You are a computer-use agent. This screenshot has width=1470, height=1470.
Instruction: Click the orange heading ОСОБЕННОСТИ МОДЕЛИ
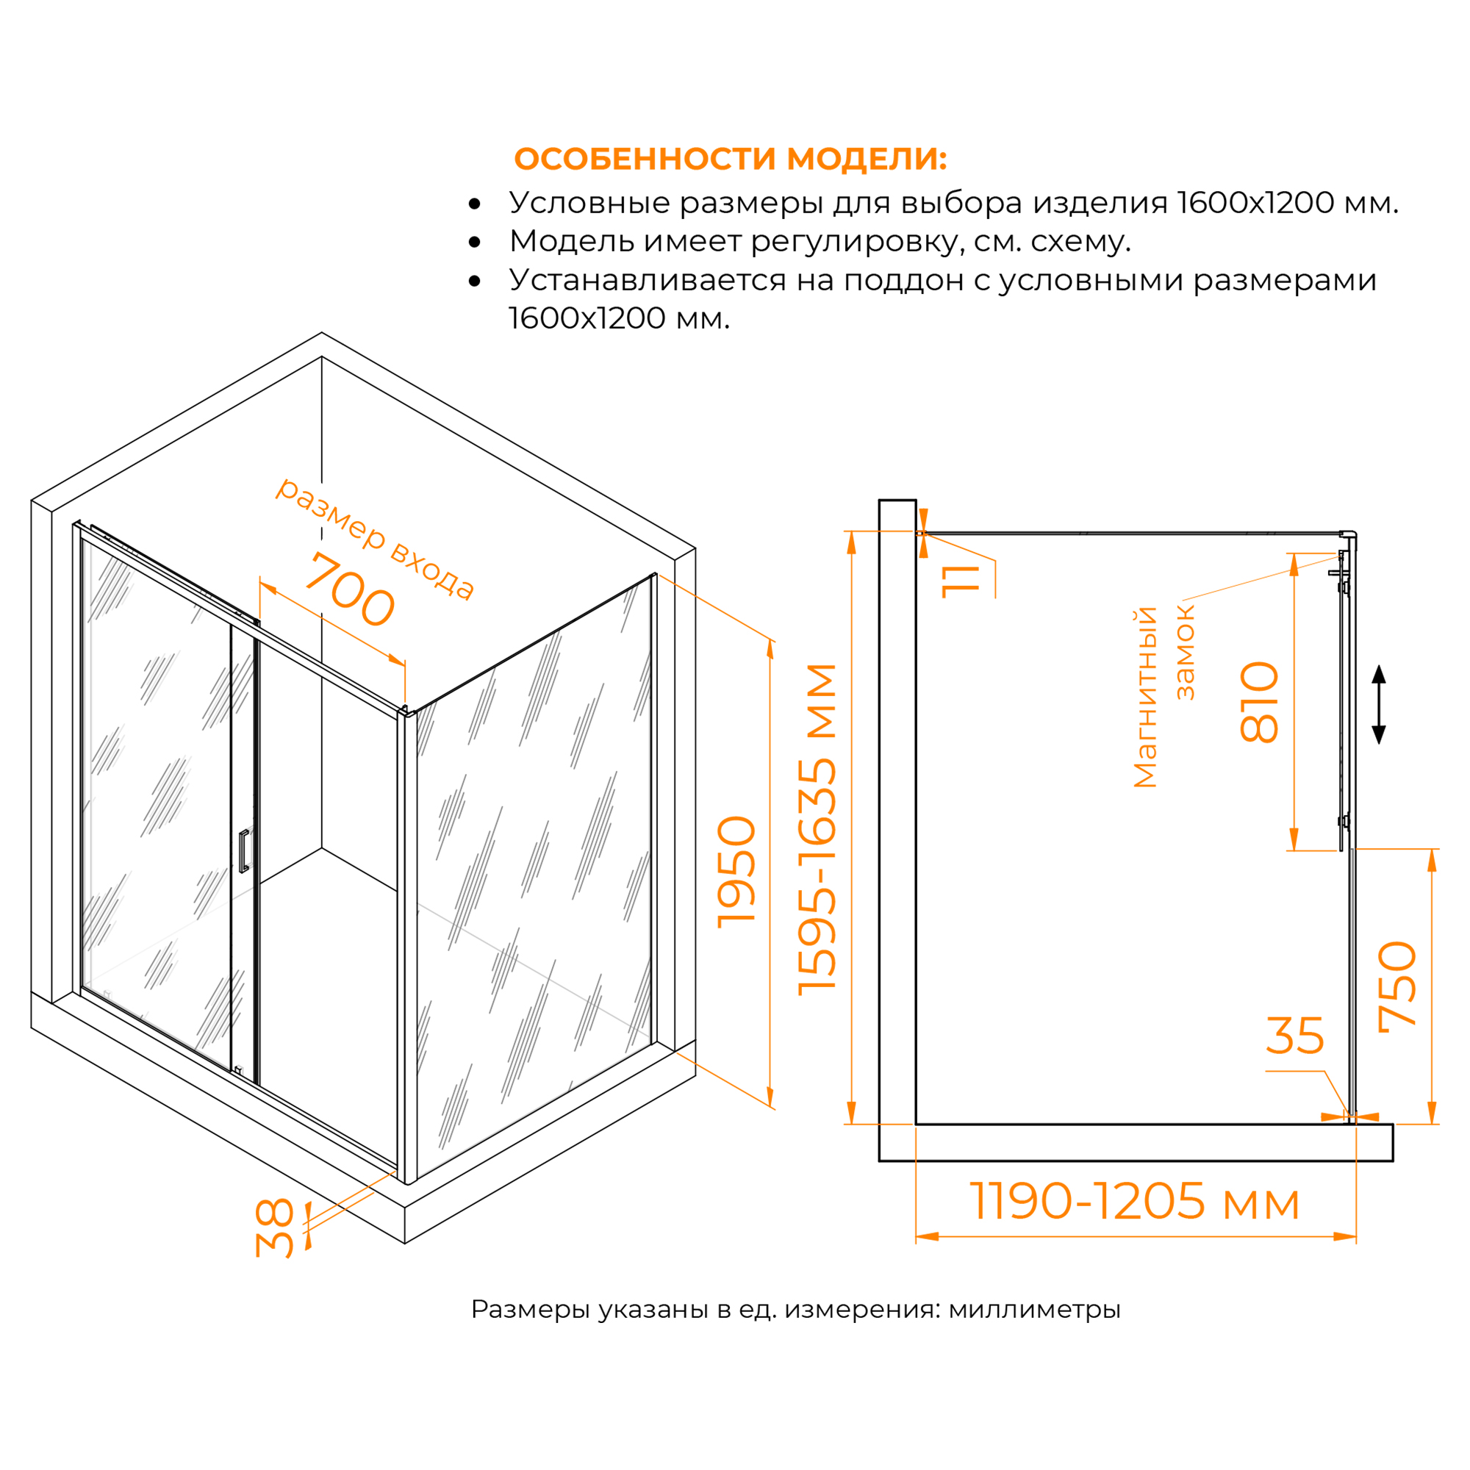(731, 158)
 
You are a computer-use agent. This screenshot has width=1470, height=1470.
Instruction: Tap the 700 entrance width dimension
(350, 589)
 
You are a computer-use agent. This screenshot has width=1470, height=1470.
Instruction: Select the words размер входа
(374, 537)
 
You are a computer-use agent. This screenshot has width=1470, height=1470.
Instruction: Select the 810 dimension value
(1259, 702)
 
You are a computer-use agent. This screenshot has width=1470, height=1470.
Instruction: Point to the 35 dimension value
(1295, 1036)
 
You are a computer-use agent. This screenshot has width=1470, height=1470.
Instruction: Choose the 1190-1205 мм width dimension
(1134, 1202)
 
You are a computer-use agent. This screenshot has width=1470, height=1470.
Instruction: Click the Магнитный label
(1145, 697)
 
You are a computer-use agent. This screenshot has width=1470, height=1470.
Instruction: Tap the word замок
(1186, 652)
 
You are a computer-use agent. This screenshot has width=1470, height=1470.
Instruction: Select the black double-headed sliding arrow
(1379, 705)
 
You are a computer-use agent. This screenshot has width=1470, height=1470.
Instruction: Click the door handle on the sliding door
(243, 850)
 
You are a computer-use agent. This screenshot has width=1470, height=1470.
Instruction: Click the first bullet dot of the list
(475, 203)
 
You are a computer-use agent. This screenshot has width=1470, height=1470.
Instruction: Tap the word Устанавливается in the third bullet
(648, 280)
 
